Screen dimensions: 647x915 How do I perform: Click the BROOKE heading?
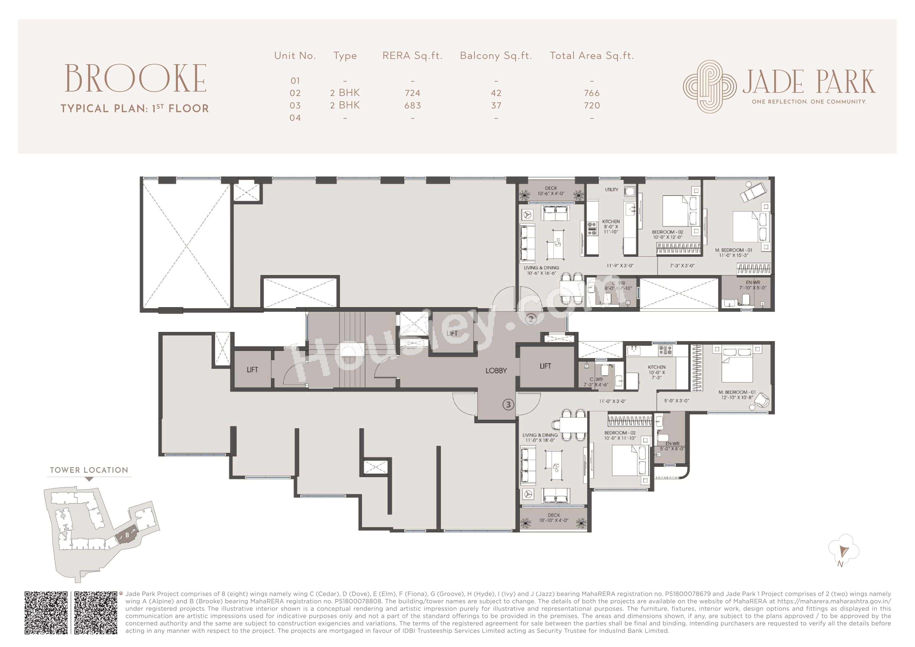pyautogui.click(x=136, y=79)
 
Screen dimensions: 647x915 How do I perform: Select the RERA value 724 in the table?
pyautogui.click(x=412, y=93)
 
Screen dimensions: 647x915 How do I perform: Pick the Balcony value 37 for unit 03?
pyautogui.click(x=496, y=106)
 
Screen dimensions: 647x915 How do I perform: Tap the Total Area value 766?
pyautogui.click(x=592, y=93)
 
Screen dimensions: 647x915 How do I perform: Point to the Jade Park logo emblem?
pyautogui.click(x=710, y=87)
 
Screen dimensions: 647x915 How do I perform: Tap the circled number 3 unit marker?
pyautogui.click(x=508, y=405)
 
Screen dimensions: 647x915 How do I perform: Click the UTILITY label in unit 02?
pyautogui.click(x=611, y=190)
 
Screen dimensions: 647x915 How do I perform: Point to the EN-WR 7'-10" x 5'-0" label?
pyautogui.click(x=753, y=285)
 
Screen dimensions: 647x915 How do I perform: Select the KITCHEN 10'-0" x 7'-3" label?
pyautogui.click(x=656, y=372)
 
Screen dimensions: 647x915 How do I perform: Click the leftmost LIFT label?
pyautogui.click(x=252, y=370)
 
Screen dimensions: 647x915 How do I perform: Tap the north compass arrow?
pyautogui.click(x=843, y=552)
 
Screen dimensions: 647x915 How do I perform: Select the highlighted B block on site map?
pyautogui.click(x=127, y=535)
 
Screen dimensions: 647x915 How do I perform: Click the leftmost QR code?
pyautogui.click(x=46, y=613)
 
